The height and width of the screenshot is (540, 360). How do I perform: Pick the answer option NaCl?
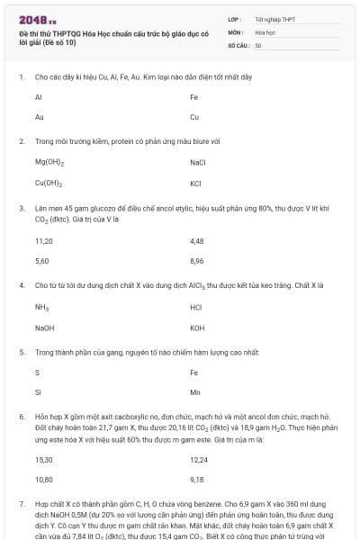coord(199,163)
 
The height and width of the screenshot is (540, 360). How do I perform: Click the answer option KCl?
coord(195,184)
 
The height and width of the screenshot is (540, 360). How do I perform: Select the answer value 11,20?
coord(44,241)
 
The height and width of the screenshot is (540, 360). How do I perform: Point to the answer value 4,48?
coord(198,241)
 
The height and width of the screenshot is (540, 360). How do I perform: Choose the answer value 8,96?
coord(198,261)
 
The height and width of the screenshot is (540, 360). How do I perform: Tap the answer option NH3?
coord(41,308)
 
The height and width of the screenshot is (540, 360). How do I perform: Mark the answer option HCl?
coord(196,308)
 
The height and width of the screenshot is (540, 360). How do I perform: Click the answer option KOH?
coord(198,328)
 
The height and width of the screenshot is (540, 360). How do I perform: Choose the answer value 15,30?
coord(44,460)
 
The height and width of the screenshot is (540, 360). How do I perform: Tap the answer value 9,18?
coord(198,480)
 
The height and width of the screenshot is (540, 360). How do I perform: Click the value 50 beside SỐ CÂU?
coord(258,45)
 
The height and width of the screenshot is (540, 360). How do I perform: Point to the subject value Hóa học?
coord(265,31)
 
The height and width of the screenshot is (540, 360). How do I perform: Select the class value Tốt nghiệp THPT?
coord(274,19)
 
